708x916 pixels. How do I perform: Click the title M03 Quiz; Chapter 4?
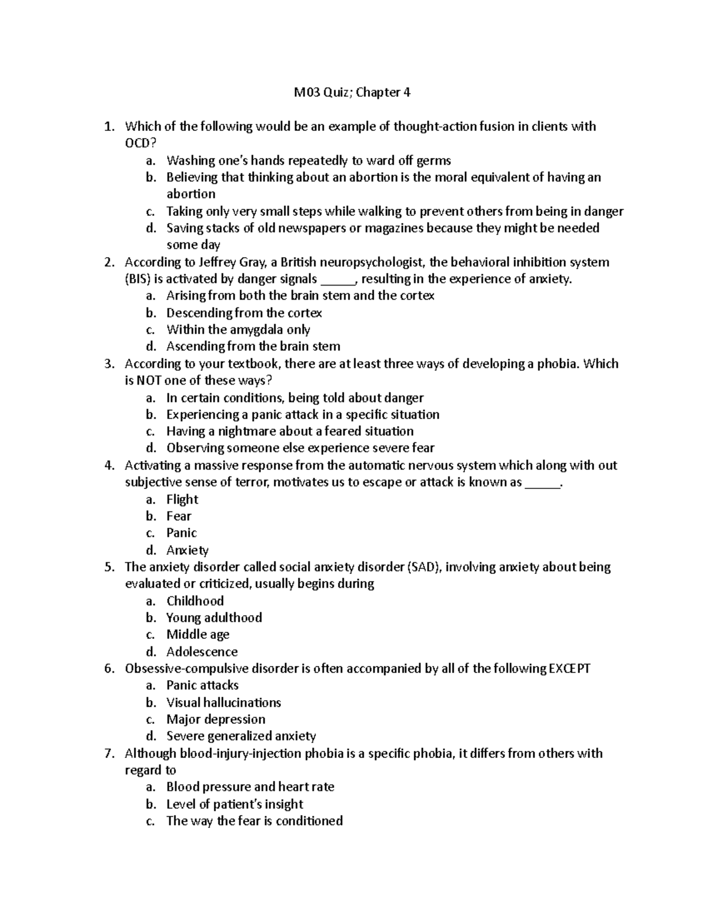coord(352,93)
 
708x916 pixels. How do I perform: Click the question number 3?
coord(108,364)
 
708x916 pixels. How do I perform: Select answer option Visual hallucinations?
coord(223,702)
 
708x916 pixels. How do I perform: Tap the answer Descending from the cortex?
coord(244,313)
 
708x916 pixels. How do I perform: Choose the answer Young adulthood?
coord(214,618)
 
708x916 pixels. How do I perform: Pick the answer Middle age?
coord(198,635)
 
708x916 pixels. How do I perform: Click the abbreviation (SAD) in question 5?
coord(424,567)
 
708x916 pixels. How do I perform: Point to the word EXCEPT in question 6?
coord(569,669)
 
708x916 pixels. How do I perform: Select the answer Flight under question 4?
coord(182,500)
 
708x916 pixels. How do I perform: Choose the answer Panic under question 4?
coord(181,533)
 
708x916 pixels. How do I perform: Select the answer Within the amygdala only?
coord(238,330)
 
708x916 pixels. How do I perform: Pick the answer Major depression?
coord(215,720)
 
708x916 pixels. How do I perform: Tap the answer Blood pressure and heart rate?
coord(250,787)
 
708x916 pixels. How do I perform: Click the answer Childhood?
coord(195,601)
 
